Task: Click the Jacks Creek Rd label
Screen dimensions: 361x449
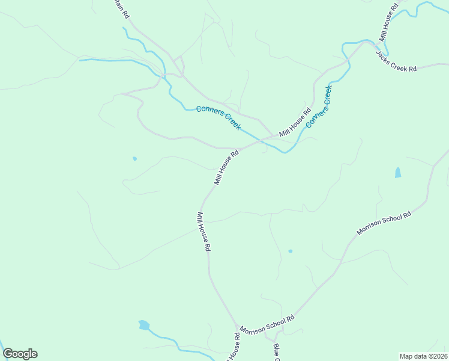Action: [x=396, y=61]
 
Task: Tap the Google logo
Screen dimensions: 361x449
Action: [x=20, y=354]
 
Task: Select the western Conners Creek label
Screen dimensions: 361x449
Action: [x=218, y=118]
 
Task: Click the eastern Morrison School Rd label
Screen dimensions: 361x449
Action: [x=384, y=223]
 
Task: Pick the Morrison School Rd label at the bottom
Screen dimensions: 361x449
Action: [x=267, y=325]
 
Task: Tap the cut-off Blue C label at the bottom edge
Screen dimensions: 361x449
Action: [x=277, y=353]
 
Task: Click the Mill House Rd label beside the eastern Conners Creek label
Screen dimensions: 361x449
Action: [x=295, y=122]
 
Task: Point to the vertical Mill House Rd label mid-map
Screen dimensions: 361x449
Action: [x=204, y=232]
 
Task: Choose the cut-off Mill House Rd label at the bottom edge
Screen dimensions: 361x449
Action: [x=234, y=348]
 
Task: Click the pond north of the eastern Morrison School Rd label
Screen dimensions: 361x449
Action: [x=398, y=173]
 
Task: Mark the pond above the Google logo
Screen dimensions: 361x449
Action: [x=143, y=326]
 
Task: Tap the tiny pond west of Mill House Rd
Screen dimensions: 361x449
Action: [x=134, y=159]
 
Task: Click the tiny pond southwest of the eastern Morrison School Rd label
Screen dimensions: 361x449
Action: [x=290, y=251]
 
